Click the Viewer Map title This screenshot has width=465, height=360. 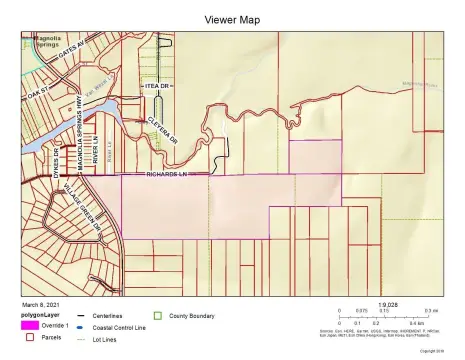[x=232, y=19]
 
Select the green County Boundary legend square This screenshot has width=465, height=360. [x=158, y=316]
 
